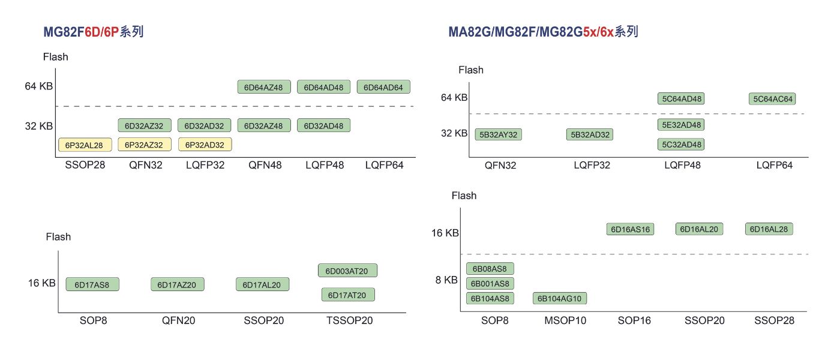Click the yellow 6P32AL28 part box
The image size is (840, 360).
pyautogui.click(x=85, y=145)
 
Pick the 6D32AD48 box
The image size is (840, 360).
pyautogui.click(x=324, y=125)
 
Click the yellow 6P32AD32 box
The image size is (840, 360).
pyautogui.click(x=205, y=145)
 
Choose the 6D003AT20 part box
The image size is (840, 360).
pyautogui.click(x=347, y=271)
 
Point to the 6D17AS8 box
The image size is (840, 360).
pyautogui.click(x=92, y=284)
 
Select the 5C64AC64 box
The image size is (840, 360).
pyautogui.click(x=772, y=99)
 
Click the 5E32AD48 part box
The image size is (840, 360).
pyautogui.click(x=681, y=125)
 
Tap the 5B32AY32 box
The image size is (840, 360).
pyautogui.click(x=499, y=134)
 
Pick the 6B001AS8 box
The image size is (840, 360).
pyautogui.click(x=490, y=283)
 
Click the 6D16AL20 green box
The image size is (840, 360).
pyautogui.click(x=700, y=229)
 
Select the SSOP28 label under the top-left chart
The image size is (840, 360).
pyautogui.click(x=85, y=165)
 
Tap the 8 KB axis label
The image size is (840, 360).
pyautogui.click(x=446, y=280)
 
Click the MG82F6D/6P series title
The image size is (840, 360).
pyautogui.click(x=93, y=32)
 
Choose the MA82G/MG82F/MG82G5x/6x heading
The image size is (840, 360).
pyautogui.click(x=543, y=32)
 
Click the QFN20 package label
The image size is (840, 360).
pyautogui.click(x=178, y=320)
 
